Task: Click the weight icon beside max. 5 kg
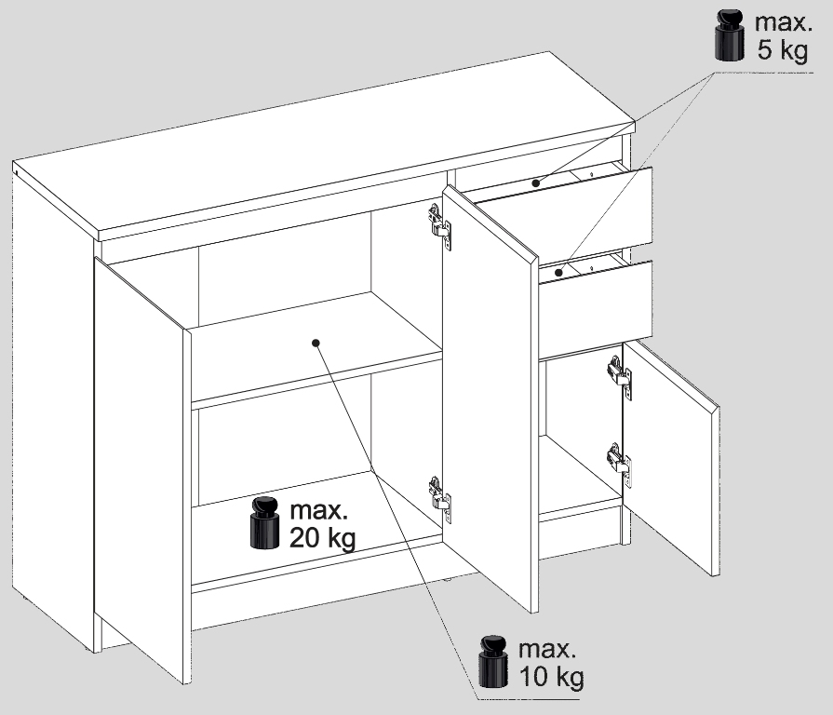coord(730,34)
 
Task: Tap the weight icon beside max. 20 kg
coord(264,522)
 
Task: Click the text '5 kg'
coord(783,50)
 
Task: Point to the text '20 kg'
coord(322,537)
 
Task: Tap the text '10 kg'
coord(551,677)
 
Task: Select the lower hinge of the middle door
coord(440,499)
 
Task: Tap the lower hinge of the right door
coord(620,465)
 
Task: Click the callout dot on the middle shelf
coord(316,343)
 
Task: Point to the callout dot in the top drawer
coord(536,182)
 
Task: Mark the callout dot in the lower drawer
coord(558,273)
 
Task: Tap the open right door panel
coord(671,457)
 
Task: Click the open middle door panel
coord(490,398)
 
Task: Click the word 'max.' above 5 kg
coord(784,22)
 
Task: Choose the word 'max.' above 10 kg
coord(547,649)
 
